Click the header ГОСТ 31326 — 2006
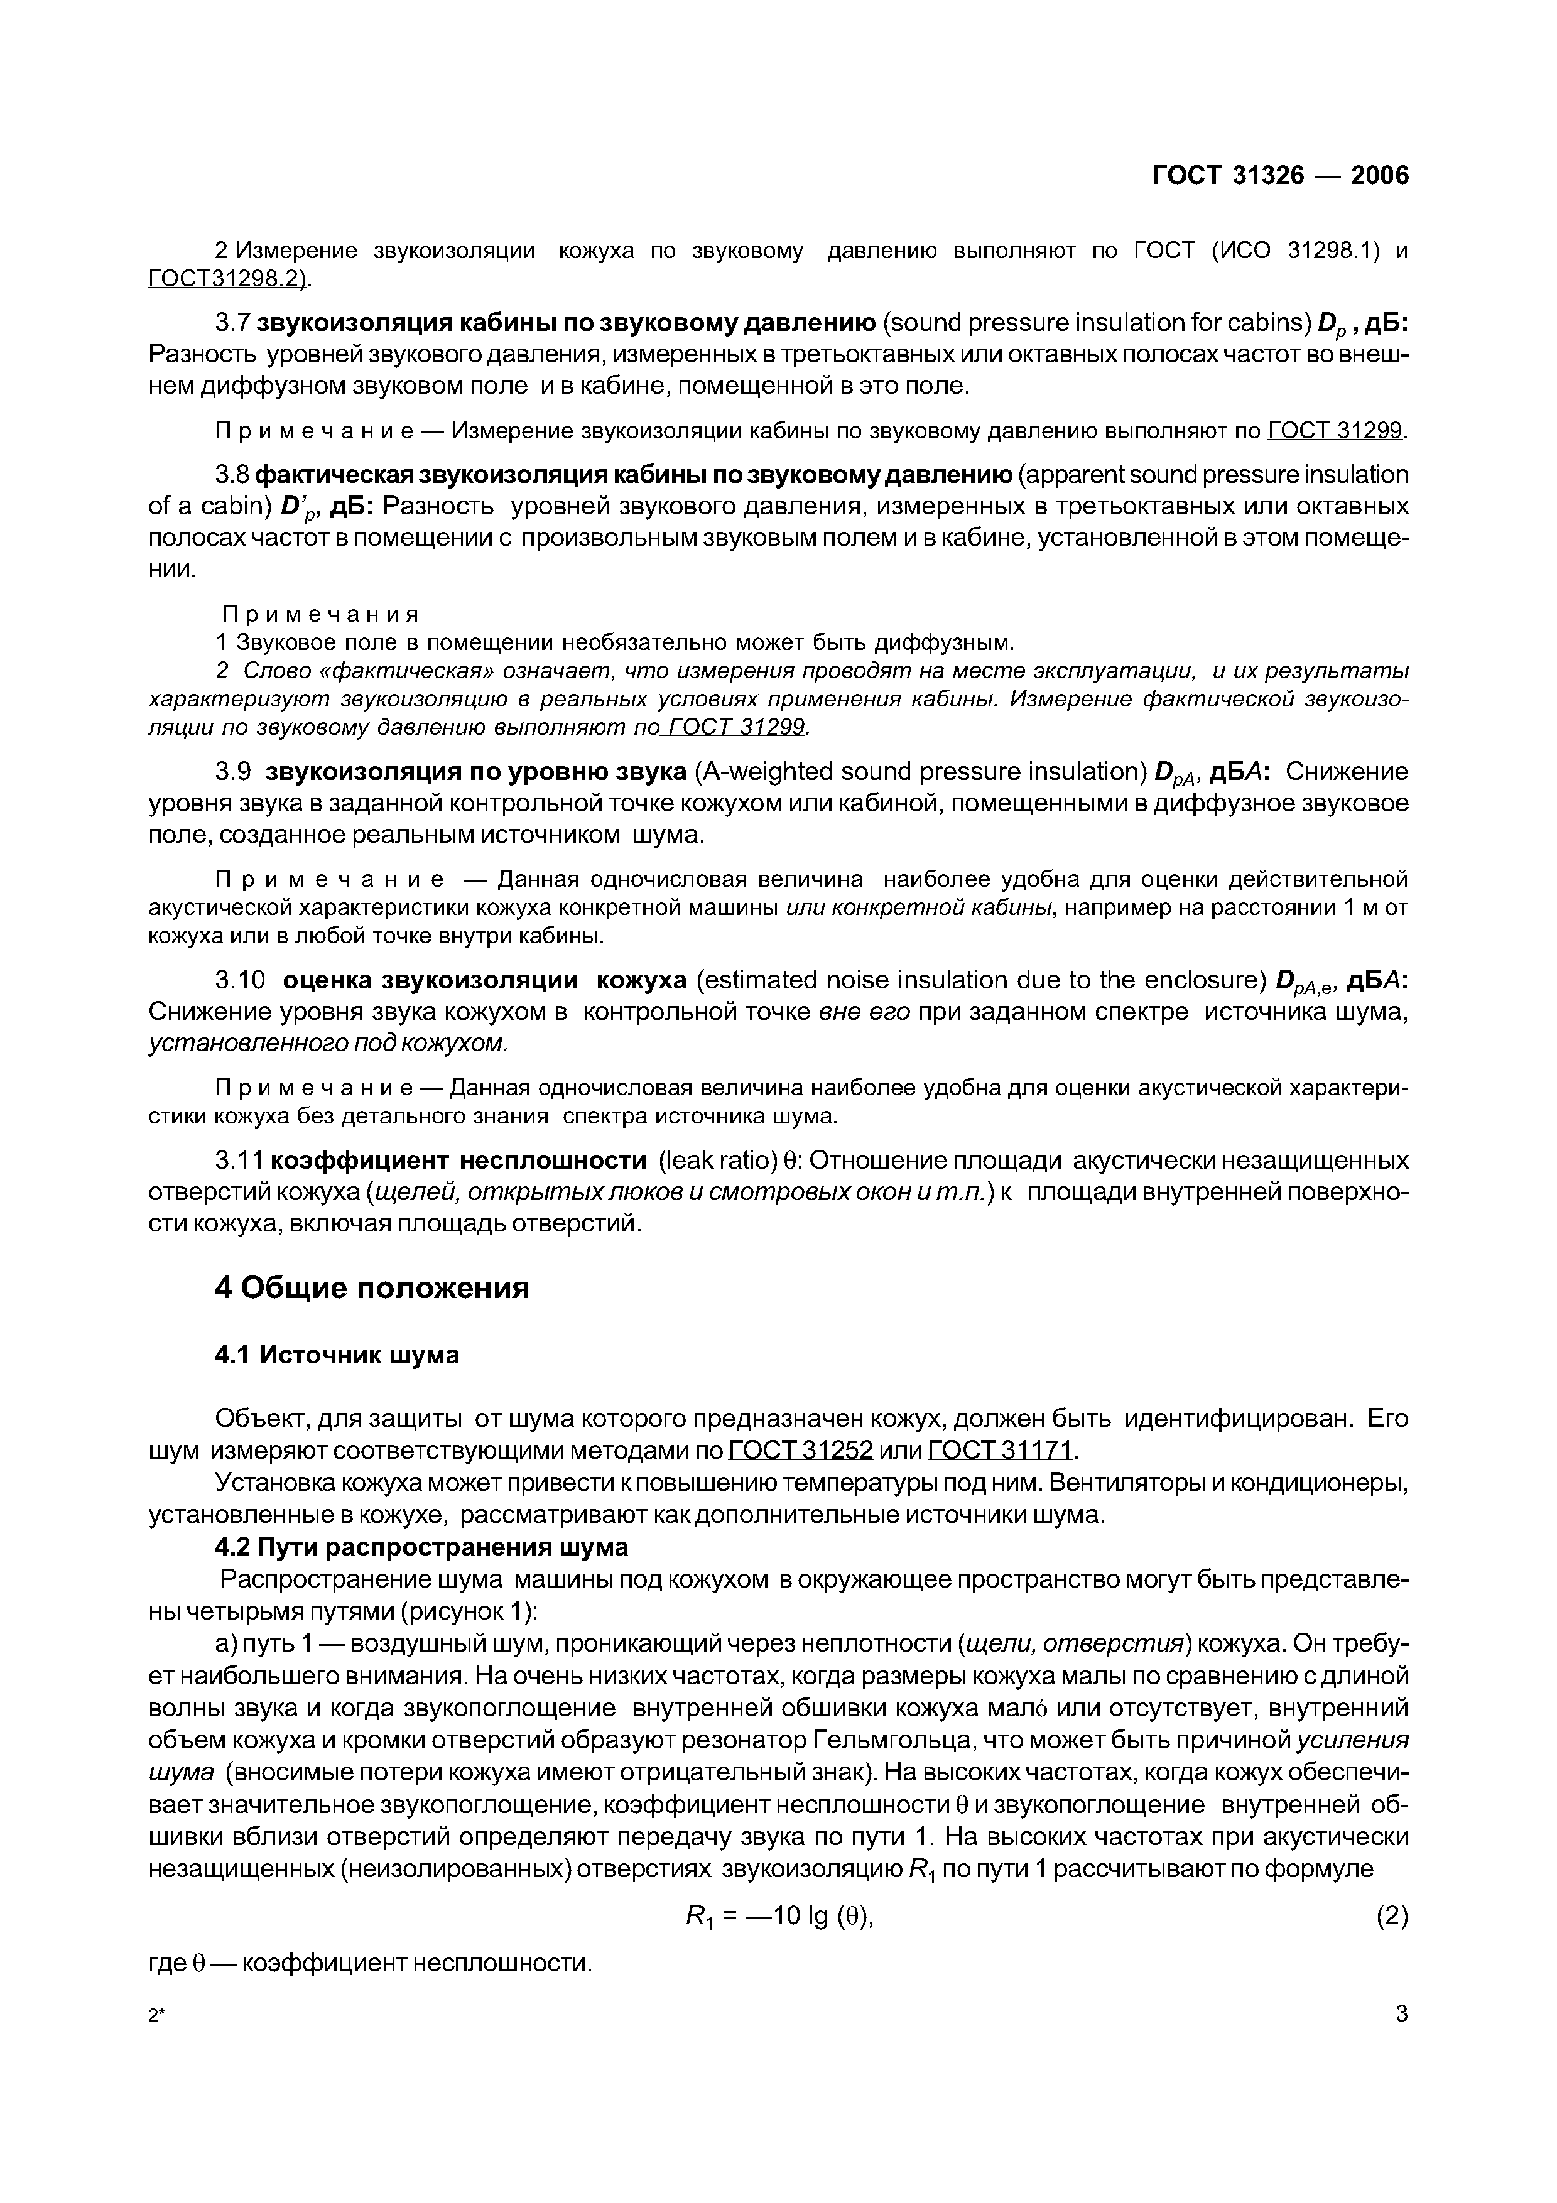click(1280, 176)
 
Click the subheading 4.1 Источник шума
click(337, 1355)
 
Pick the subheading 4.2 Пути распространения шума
click(421, 1547)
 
